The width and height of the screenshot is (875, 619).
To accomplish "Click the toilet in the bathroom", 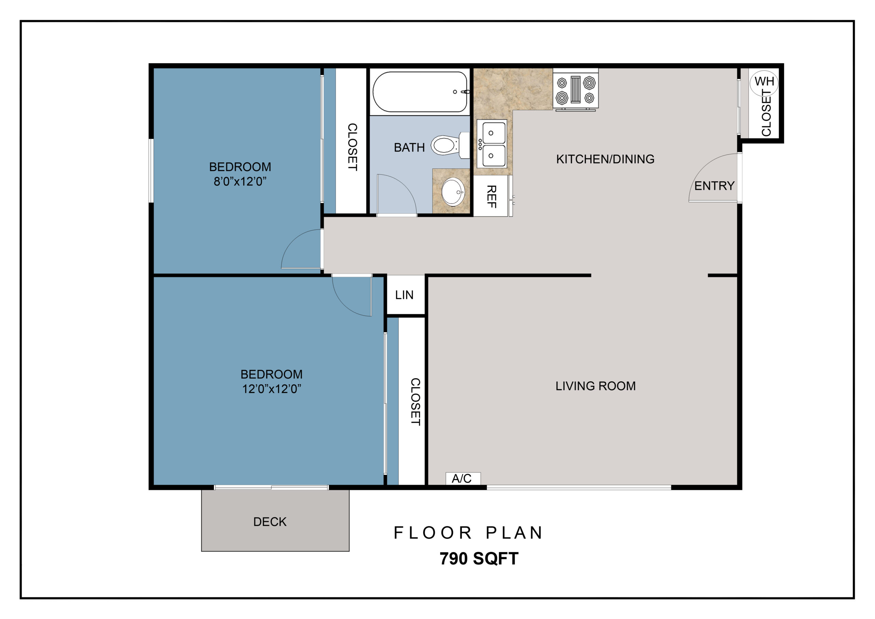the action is pyautogui.click(x=450, y=145).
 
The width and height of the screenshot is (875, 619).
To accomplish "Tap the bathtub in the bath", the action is pyautogui.click(x=420, y=92).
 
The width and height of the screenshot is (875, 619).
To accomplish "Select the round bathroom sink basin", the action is pyautogui.click(x=453, y=192).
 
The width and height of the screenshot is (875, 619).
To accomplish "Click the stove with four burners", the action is pyautogui.click(x=576, y=90).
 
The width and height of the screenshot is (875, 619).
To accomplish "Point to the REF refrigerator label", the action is pyautogui.click(x=492, y=196).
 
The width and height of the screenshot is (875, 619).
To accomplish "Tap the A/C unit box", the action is pyautogui.click(x=463, y=478).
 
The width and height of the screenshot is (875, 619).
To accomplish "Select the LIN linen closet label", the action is pyautogui.click(x=404, y=295).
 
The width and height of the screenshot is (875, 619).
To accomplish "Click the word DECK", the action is pyautogui.click(x=270, y=522).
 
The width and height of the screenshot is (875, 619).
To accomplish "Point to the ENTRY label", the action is pyautogui.click(x=714, y=186).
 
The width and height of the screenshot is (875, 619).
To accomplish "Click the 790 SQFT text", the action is pyautogui.click(x=479, y=559).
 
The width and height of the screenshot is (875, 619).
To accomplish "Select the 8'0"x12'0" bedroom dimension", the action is pyautogui.click(x=240, y=182).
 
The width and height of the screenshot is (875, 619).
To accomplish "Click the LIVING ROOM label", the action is pyautogui.click(x=595, y=386).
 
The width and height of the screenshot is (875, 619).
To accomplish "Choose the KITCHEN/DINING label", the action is pyautogui.click(x=605, y=159).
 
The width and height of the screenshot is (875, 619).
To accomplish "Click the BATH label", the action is pyautogui.click(x=409, y=148).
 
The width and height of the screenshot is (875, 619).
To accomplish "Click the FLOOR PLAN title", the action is pyautogui.click(x=468, y=533).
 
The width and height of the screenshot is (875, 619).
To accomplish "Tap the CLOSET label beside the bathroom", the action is pyautogui.click(x=352, y=147).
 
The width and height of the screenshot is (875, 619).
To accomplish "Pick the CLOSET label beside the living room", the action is pyautogui.click(x=415, y=401).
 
